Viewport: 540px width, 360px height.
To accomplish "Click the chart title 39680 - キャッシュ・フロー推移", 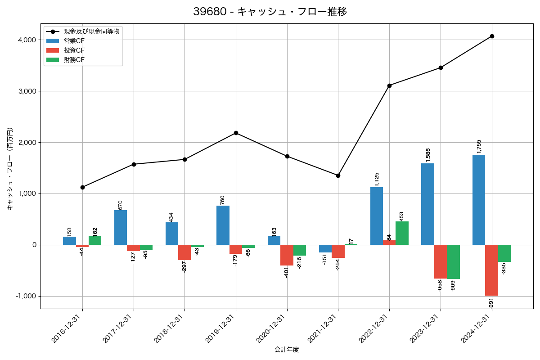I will tap(270, 12).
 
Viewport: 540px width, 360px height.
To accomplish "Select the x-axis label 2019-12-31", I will tap(220, 329).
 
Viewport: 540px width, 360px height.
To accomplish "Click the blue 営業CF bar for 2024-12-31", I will tap(479, 200).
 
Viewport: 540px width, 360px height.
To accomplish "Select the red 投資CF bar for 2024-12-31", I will tap(491, 270).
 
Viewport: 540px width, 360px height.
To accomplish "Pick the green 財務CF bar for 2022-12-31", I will tap(402, 233).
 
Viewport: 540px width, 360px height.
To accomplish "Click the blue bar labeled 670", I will tap(121, 228).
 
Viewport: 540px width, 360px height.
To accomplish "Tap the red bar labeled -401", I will tap(287, 255).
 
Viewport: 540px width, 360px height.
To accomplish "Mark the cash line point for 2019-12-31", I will tap(236, 133).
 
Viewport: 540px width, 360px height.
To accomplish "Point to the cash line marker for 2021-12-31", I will tap(338, 175).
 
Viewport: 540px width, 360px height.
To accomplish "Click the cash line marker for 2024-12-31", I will tap(492, 36).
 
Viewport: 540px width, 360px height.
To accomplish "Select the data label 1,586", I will tap(428, 155).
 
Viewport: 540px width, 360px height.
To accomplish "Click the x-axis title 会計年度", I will tap(287, 350).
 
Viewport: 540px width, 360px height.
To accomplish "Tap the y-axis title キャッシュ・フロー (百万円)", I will tap(10, 169).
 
